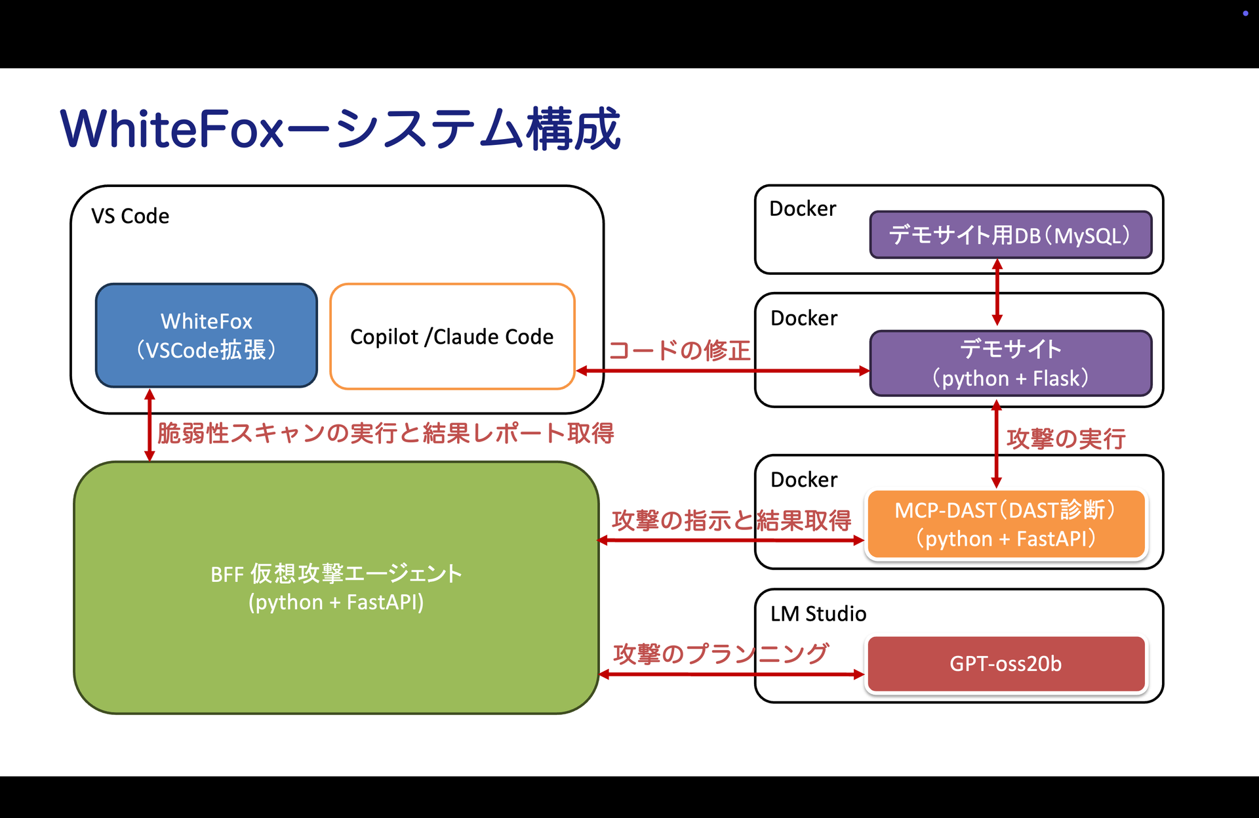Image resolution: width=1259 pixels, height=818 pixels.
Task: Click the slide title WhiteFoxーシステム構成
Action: [340, 129]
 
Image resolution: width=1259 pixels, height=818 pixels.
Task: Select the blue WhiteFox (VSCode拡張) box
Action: [207, 335]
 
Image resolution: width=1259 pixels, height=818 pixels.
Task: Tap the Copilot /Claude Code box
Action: [452, 337]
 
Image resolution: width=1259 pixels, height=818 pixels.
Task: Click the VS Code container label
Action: [130, 216]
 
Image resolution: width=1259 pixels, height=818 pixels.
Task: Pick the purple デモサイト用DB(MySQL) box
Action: [1010, 235]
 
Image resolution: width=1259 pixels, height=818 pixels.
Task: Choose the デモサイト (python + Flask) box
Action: [1010, 363]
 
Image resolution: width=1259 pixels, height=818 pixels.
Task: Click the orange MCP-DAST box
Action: [1005, 524]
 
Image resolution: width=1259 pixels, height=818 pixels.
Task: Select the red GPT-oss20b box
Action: [1005, 664]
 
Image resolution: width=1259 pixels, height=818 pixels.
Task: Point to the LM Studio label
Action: [818, 613]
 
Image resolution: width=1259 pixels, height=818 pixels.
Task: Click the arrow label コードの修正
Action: [679, 350]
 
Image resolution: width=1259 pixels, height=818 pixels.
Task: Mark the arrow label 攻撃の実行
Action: [1066, 438]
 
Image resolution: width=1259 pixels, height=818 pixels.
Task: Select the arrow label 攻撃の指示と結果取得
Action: [731, 520]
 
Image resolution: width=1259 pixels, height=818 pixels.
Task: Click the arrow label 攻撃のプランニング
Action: [721, 653]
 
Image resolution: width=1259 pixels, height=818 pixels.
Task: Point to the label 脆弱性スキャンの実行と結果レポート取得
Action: [386, 433]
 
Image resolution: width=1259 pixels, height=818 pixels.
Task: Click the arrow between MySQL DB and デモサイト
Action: [997, 293]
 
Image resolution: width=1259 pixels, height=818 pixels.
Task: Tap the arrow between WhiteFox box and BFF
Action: [150, 425]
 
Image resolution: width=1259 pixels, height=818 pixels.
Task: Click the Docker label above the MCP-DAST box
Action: [804, 480]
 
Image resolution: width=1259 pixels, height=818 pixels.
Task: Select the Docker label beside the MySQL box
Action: [803, 209]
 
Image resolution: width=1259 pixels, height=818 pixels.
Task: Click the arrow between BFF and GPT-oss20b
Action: [731, 674]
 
